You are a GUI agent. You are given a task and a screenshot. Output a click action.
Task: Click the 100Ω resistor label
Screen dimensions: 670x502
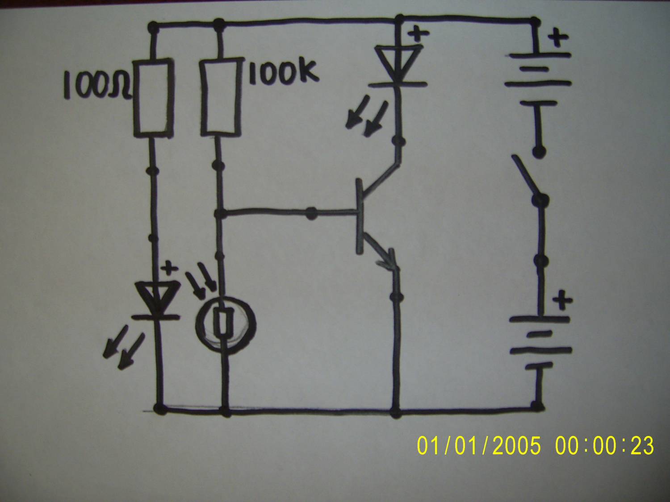pos(98,85)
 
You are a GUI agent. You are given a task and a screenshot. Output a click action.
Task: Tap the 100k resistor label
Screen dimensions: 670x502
pos(284,71)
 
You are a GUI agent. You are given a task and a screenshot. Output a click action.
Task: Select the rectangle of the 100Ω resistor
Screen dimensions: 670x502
pos(154,98)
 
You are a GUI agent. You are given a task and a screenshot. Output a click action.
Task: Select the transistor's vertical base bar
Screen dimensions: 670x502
pos(360,216)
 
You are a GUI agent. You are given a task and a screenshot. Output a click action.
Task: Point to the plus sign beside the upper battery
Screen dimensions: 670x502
pos(558,38)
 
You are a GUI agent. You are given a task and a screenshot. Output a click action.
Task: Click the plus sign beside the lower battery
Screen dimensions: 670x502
pos(562,300)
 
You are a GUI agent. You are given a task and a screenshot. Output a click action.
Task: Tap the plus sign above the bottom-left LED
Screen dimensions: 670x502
pos(169,269)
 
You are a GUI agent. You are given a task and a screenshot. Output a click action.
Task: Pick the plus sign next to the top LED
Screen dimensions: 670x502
pos(418,33)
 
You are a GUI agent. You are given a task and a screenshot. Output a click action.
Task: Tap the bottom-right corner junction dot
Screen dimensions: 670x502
pos(537,407)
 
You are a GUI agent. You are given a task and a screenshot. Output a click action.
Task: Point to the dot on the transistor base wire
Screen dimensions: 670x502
pos(311,213)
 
